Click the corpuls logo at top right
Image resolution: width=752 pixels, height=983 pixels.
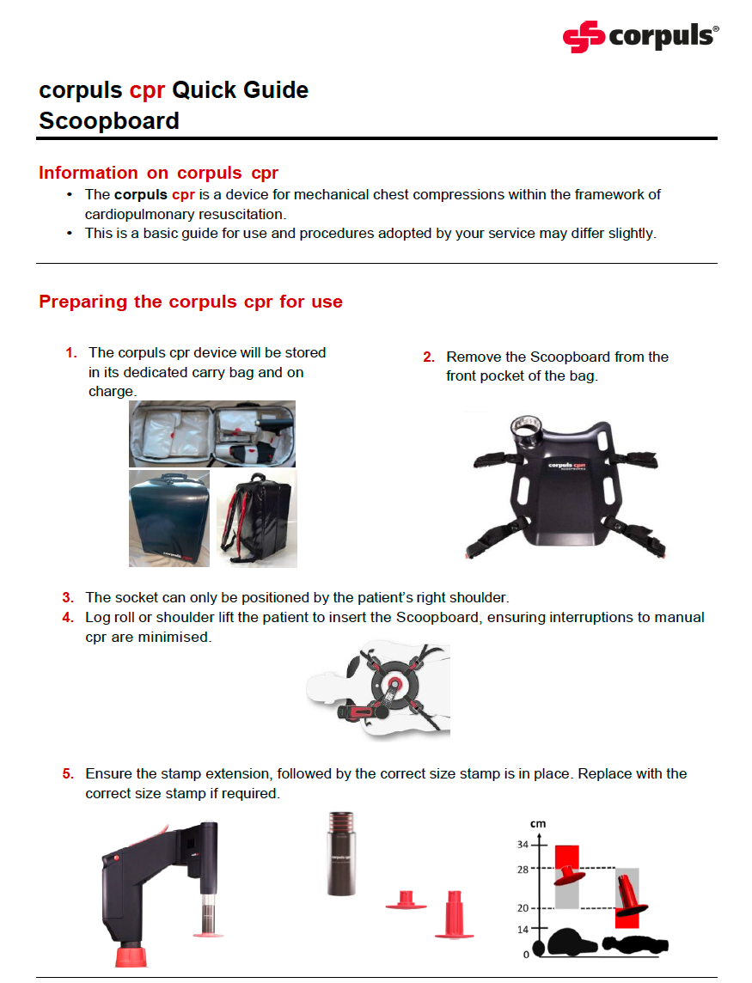coord(640,36)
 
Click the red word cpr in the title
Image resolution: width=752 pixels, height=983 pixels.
coord(147,90)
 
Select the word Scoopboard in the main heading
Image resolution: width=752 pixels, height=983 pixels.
coord(109,121)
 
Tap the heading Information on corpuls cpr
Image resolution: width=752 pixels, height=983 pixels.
coord(158,173)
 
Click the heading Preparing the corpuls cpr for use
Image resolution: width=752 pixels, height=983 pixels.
coord(191,302)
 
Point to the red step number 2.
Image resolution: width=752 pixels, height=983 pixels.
coord(428,357)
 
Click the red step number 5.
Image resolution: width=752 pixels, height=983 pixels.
coord(68,773)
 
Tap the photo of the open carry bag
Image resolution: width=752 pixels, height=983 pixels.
coord(211,434)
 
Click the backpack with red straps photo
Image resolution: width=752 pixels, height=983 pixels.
coord(254,518)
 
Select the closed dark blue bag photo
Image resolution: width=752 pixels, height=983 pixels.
coord(169,518)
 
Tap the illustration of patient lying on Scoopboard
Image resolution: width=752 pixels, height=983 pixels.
coord(378,689)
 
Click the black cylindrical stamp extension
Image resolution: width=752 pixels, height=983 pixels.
coord(342,852)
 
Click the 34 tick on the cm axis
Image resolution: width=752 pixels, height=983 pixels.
coord(534,845)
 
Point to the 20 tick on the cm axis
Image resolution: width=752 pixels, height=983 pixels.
coord(534,908)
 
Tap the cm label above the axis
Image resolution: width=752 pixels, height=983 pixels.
coord(538,824)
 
